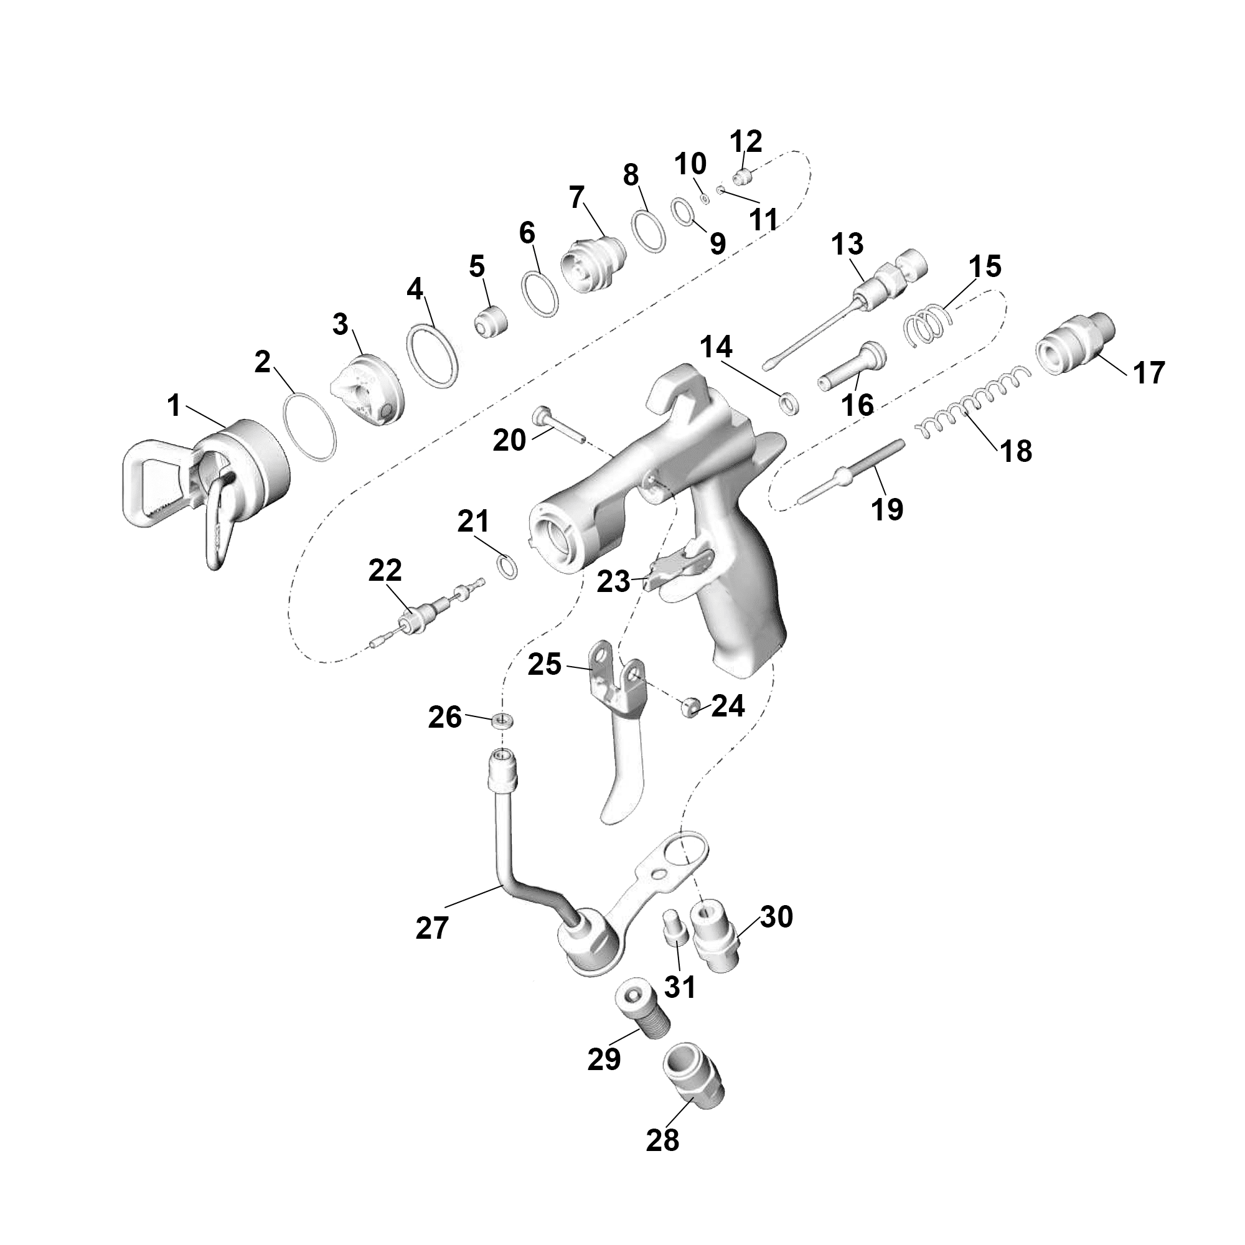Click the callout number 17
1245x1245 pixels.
(x=1149, y=373)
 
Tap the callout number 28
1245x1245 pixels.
(x=662, y=1140)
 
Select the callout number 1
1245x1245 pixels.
(x=173, y=406)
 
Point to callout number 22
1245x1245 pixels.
(x=385, y=570)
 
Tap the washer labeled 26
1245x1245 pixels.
(x=503, y=719)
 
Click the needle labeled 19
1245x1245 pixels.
(x=850, y=476)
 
